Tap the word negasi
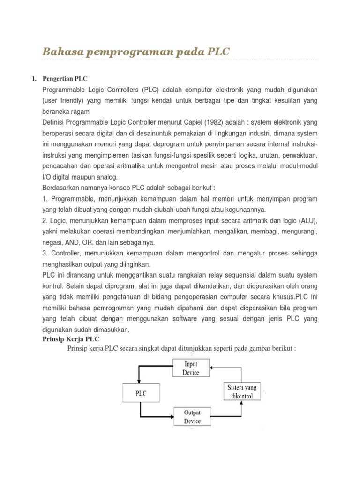click(x=53, y=242)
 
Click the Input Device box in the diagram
click(x=191, y=368)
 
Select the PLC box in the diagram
click(x=141, y=393)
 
